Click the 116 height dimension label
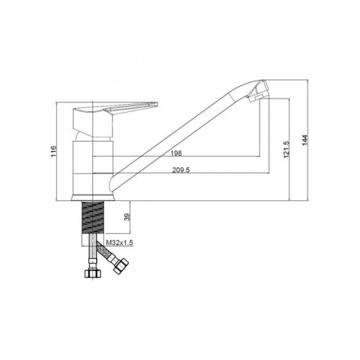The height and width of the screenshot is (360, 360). tap(53, 151)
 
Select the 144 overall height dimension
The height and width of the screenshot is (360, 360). tap(305, 140)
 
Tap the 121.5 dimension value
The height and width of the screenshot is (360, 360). tap(286, 149)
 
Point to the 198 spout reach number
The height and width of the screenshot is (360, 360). tap(176, 153)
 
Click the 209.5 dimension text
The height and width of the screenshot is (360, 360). tap(181, 170)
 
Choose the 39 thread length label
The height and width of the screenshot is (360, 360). tap(127, 217)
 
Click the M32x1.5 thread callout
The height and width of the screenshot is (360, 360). tap(120, 243)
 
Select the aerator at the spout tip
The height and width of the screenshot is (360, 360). tap(258, 91)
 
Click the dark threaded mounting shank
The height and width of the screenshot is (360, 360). tap(93, 218)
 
